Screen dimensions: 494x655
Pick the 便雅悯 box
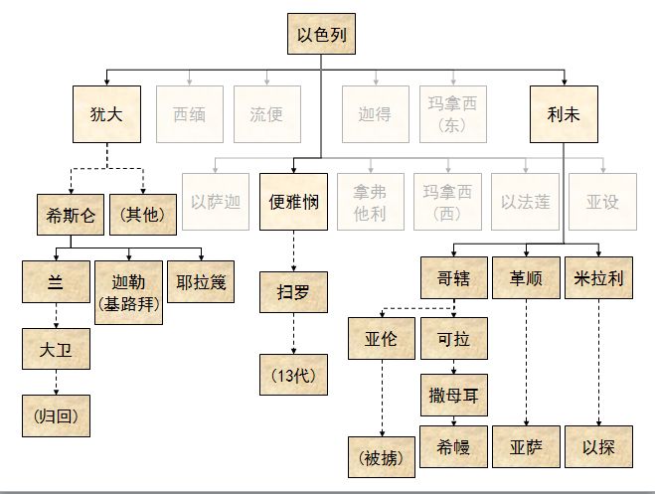292,202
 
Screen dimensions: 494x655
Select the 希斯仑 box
70,215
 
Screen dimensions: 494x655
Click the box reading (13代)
292,376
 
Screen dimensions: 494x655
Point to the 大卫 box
56,350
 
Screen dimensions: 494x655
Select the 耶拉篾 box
203,282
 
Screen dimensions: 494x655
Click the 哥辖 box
453,279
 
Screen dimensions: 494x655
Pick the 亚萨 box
527,447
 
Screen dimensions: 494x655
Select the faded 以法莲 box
526,202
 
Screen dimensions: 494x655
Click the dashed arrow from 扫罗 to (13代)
292,332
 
